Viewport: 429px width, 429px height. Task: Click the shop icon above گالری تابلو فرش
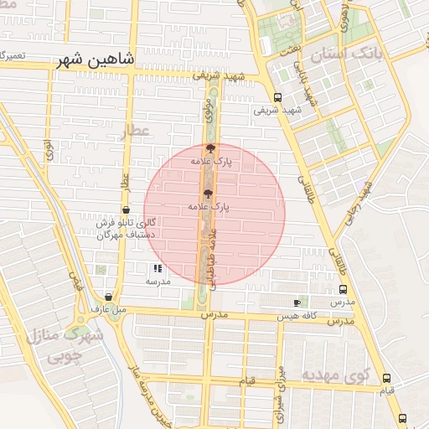pyautogui.click(x=126, y=210)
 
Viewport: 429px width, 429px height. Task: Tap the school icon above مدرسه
pyautogui.click(x=158, y=269)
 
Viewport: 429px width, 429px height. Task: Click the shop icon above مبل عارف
pyautogui.click(x=109, y=297)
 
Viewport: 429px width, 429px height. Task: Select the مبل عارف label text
pyautogui.click(x=109, y=309)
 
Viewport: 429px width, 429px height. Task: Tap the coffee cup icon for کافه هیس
pyautogui.click(x=297, y=302)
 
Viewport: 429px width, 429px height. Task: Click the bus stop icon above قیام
pyautogui.click(x=386, y=379)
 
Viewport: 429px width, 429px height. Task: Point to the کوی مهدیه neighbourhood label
pyautogui.click(x=335, y=374)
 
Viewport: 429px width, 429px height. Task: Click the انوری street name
pyautogui.click(x=49, y=153)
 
